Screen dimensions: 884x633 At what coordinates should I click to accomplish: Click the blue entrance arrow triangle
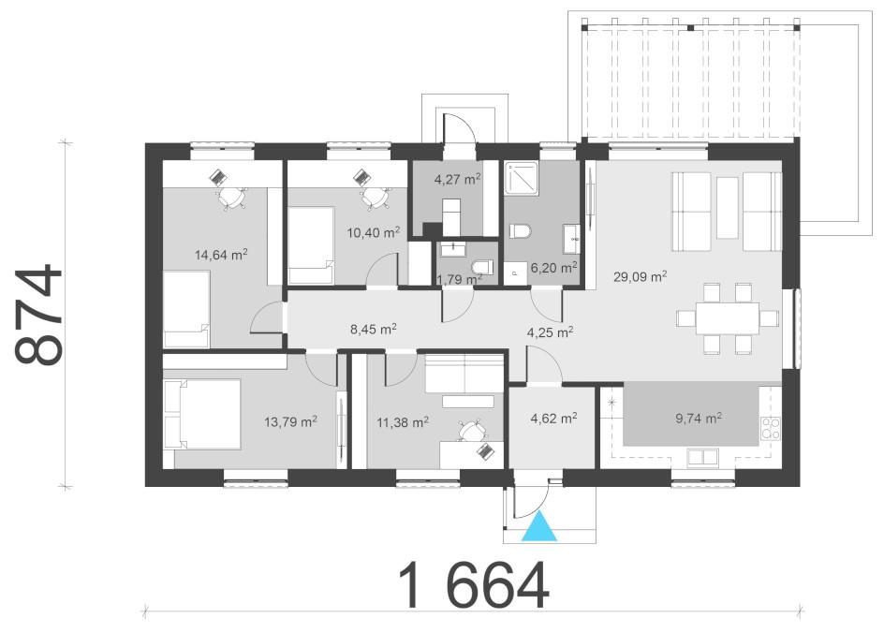point(539,527)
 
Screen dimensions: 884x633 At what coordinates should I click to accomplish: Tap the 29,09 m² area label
point(641,276)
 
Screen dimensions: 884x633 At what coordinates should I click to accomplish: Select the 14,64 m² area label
point(221,255)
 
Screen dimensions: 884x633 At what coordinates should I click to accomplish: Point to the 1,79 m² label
point(459,279)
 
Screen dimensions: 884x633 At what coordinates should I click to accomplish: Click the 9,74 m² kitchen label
point(699,419)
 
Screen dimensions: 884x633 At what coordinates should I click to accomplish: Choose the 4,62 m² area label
point(553,419)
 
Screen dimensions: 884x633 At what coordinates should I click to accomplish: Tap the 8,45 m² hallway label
point(374,329)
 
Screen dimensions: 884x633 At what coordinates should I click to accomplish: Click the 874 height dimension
point(38,315)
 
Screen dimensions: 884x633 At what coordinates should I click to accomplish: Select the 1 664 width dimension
point(474,585)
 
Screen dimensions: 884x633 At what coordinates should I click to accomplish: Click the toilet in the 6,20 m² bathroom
point(521,231)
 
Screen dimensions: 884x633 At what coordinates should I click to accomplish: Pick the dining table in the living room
point(728,318)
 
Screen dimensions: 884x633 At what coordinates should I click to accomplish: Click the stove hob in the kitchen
point(771,428)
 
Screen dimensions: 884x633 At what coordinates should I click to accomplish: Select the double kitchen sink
point(702,457)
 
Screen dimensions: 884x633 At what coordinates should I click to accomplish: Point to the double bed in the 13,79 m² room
point(202,414)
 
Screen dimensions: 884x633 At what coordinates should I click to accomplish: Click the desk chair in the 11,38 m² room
point(471,431)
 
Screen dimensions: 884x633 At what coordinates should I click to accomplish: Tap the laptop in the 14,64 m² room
point(217,178)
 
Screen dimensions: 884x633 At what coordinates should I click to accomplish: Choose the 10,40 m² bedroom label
point(374,232)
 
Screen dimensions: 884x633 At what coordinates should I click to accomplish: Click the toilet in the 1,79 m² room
point(482,266)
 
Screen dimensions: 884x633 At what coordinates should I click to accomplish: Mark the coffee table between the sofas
point(728,208)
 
